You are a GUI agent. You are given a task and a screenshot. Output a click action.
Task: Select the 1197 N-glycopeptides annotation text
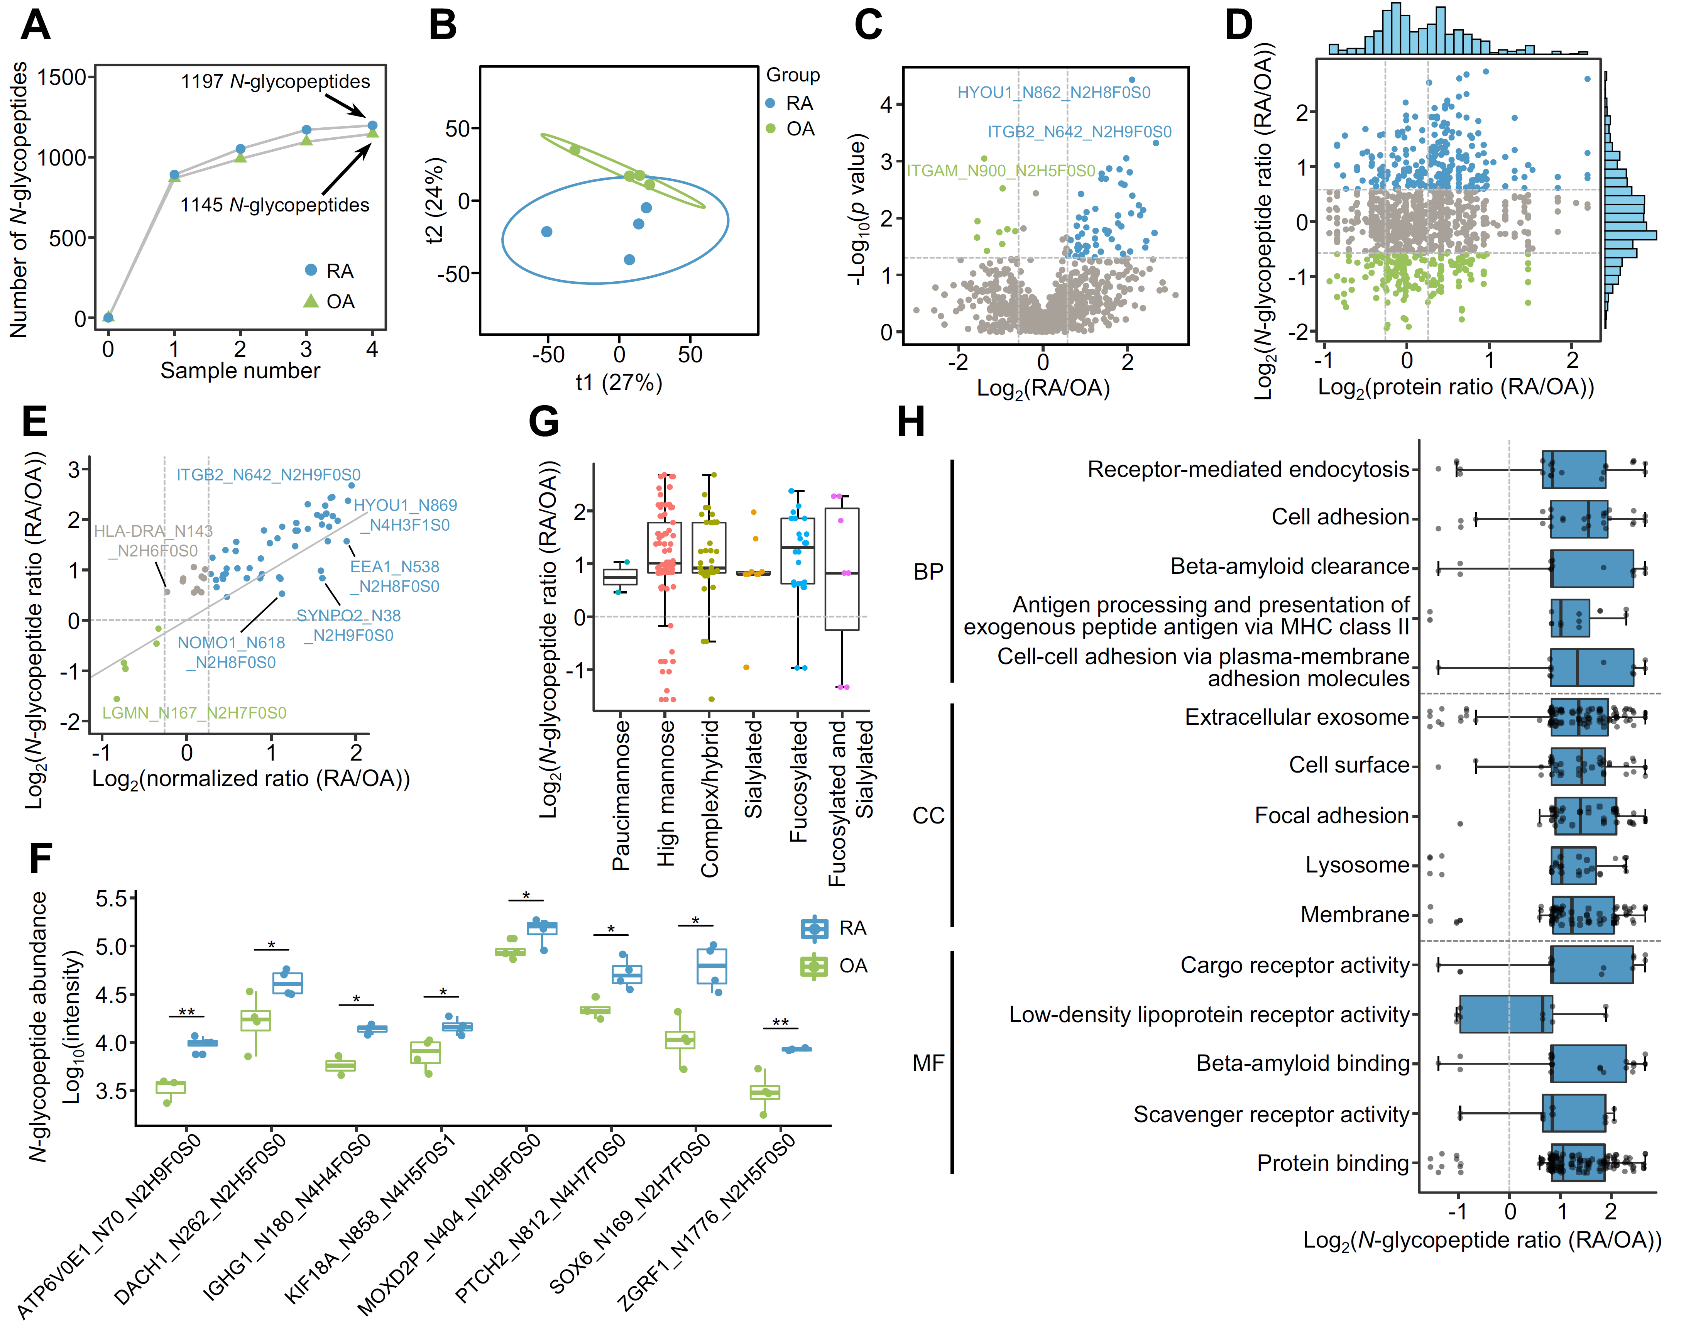(275, 81)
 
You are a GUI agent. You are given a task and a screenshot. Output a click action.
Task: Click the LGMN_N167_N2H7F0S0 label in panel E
(194, 712)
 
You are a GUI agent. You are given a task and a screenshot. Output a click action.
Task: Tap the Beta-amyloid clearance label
(1290, 566)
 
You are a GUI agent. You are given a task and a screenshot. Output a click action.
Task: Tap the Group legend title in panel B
(793, 75)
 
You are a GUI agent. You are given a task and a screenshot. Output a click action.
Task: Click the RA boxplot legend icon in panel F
(814, 928)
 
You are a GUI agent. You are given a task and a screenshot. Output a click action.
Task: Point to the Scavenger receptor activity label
(1271, 1114)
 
